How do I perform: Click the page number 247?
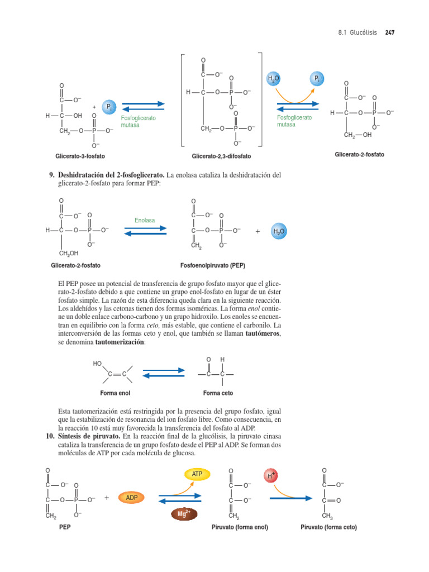[390, 33]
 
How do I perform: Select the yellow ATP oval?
[197, 474]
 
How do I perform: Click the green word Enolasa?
[145, 221]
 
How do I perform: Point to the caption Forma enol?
[115, 393]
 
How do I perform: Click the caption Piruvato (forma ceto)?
[328, 527]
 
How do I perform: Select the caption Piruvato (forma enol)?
[240, 527]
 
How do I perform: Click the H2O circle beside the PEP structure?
[279, 231]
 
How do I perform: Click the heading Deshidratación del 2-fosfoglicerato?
[107, 175]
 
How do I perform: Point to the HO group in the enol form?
[98, 364]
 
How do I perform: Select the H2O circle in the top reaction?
[274, 79]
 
